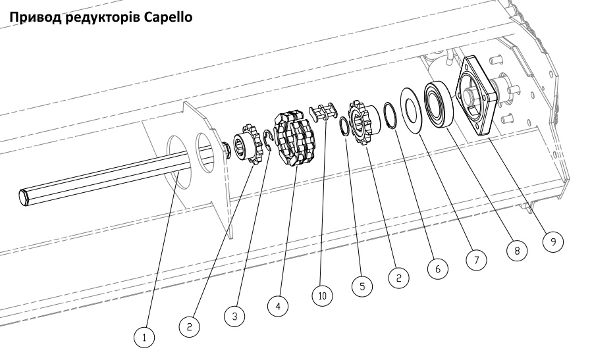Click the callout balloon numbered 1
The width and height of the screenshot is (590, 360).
(146, 338)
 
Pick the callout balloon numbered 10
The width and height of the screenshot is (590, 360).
(323, 296)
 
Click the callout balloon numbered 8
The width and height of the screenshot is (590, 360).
(517, 251)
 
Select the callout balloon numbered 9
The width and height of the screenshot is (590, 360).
(553, 242)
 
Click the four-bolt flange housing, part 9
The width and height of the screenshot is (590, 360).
(485, 96)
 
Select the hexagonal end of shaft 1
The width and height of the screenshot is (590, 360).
(24, 195)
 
